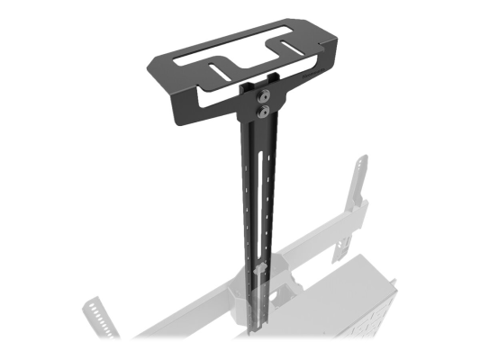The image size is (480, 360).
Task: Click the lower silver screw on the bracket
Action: [x=263, y=112]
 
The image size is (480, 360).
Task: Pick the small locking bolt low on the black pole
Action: [x=258, y=269]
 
